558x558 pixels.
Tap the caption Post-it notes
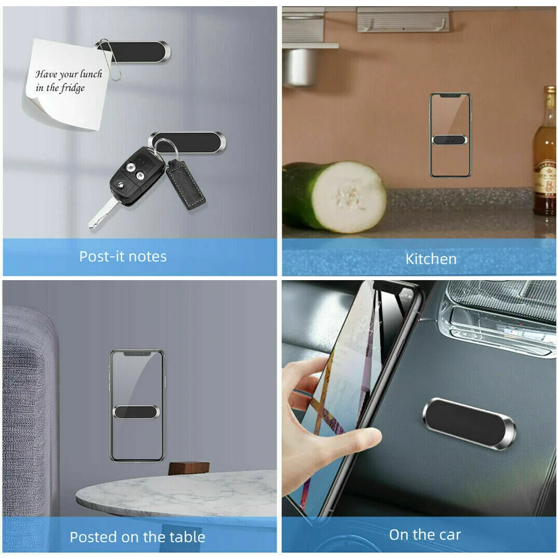[123, 257]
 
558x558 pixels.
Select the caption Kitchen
[431, 259]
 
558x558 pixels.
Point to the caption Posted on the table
[137, 537]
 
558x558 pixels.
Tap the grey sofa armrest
[28, 391]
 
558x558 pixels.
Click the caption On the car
[425, 535]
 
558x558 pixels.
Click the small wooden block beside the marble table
[189, 468]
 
